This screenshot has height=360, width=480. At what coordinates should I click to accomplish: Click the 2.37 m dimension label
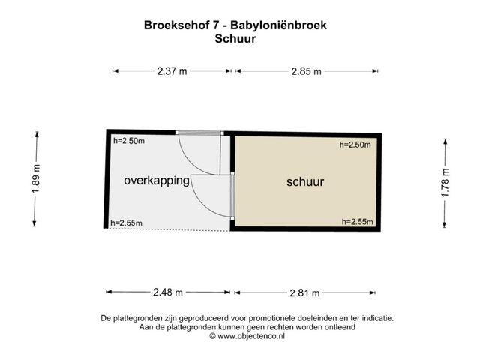point(172,71)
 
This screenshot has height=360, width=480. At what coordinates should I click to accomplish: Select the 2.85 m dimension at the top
point(306,71)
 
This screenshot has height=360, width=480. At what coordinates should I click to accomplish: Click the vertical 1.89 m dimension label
point(35,180)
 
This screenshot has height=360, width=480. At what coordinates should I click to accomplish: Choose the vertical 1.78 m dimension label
point(445,180)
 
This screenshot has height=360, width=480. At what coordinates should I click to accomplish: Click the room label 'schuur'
point(305,182)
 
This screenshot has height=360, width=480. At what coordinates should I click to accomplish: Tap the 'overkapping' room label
point(156,181)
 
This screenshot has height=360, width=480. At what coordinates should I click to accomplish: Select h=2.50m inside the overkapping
point(128,141)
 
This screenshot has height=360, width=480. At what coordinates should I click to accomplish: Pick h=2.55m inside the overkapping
point(126,223)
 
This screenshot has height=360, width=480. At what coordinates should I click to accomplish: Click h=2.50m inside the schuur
point(355,145)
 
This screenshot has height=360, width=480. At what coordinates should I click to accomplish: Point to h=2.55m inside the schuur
point(356,222)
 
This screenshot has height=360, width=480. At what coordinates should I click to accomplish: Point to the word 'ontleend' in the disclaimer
point(335,328)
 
